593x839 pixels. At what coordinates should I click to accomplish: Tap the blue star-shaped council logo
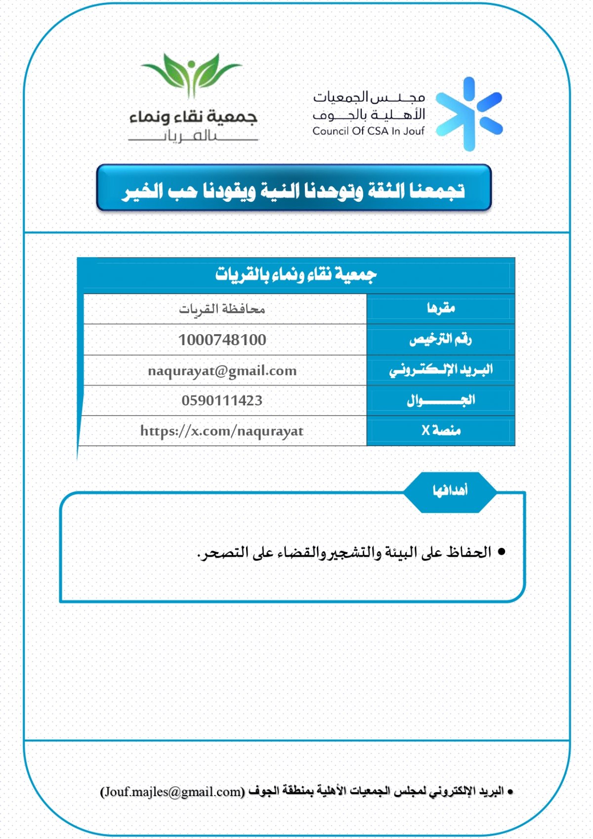(469, 114)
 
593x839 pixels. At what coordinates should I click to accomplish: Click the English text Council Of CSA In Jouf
(368, 131)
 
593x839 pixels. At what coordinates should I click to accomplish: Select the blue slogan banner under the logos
(294, 188)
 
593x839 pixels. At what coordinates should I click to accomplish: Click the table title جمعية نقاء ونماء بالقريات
(296, 274)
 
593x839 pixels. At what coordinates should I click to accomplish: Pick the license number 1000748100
(222, 340)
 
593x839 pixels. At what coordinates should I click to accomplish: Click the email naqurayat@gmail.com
(222, 371)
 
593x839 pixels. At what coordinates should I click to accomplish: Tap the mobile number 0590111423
(222, 400)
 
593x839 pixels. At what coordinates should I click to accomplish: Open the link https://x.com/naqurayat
(222, 431)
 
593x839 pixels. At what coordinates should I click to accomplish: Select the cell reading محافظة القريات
(222, 309)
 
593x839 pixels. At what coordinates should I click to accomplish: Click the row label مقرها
(441, 309)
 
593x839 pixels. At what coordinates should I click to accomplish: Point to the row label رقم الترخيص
(440, 339)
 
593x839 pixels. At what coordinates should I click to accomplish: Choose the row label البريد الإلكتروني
(441, 370)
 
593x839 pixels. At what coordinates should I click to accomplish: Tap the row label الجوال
(441, 400)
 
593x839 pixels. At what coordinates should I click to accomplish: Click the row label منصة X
(441, 431)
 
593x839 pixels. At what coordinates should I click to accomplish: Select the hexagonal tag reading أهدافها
(450, 491)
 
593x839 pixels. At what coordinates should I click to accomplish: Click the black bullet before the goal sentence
(502, 552)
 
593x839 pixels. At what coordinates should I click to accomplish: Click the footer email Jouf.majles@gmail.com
(172, 792)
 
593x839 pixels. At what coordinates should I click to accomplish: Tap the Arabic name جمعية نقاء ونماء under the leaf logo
(193, 117)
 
